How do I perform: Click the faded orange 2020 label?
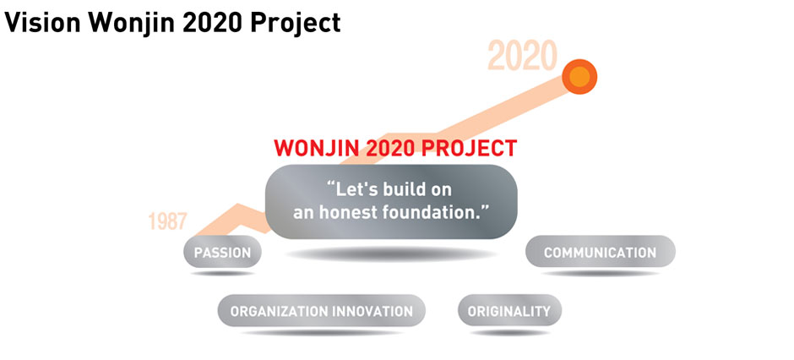coord(522,56)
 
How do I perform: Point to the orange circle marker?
coord(579,76)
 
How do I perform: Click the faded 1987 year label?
coord(167,221)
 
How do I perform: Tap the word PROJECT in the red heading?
coord(470,148)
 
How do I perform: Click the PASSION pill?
coord(222,252)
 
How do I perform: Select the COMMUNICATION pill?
coord(600,252)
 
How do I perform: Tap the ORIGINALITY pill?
coord(509,310)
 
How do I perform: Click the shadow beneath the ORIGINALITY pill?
coord(510,333)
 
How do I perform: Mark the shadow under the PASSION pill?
coord(222,274)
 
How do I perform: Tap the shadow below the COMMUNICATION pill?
coord(600,274)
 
